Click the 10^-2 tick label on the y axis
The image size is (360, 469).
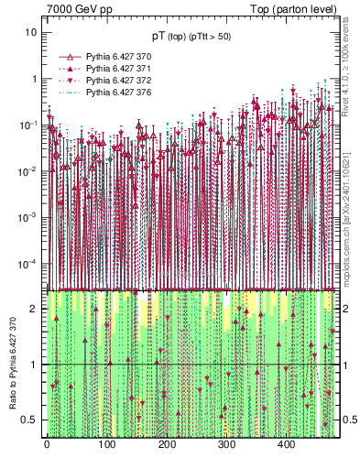coord(29,171)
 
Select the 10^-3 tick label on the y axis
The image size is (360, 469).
coord(29,217)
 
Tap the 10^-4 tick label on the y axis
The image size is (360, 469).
coord(29,264)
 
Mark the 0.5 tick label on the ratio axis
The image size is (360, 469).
coord(31,420)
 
